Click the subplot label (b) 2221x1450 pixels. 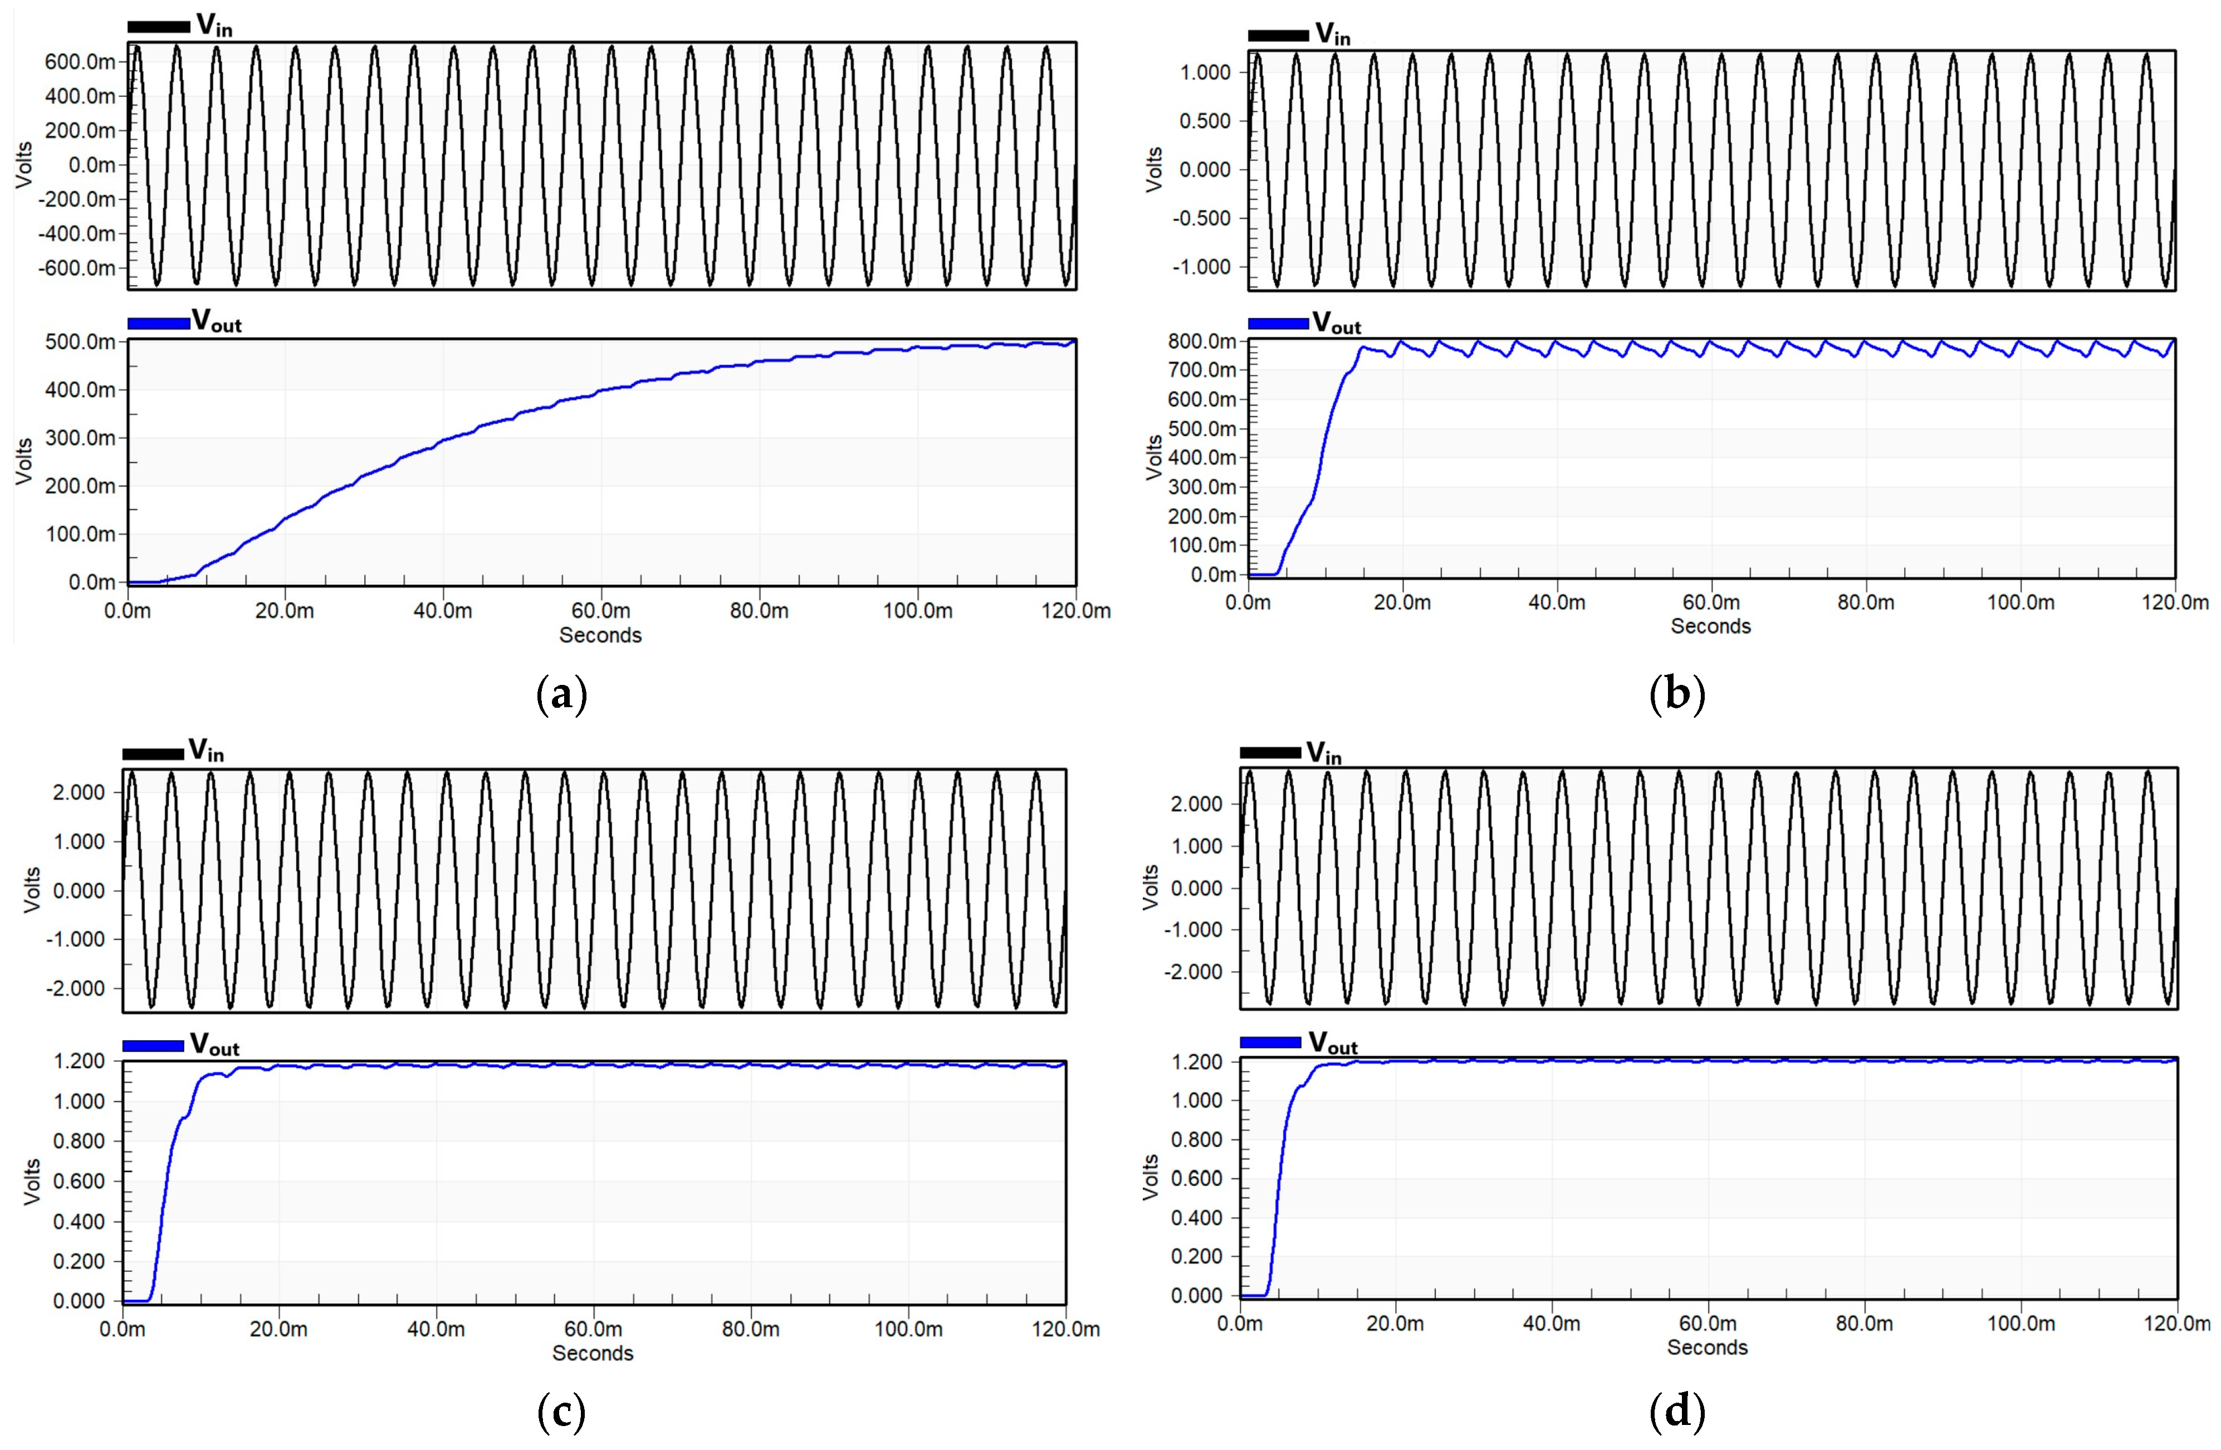coord(1677,695)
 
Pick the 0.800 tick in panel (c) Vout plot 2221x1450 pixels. coord(79,1141)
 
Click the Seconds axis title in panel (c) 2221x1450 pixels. coord(593,1353)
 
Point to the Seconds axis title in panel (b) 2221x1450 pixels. coord(1710,626)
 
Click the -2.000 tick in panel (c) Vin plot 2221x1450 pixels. coord(79,988)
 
